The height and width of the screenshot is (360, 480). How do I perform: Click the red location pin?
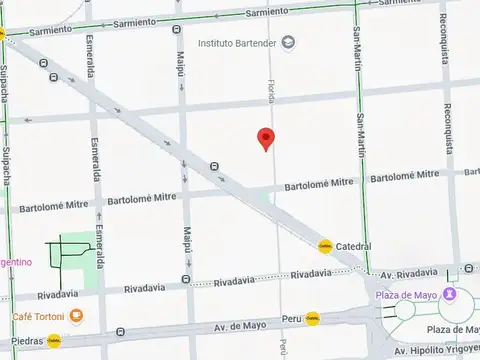[265, 139]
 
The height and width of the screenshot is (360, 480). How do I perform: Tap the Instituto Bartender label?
[238, 43]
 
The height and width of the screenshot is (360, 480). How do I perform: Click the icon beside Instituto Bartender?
[288, 42]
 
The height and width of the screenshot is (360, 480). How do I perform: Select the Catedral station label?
[353, 246]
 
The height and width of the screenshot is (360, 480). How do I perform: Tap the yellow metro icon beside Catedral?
[325, 246]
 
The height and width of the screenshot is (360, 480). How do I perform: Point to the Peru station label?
[291, 319]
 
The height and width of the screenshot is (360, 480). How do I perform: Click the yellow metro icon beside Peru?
[313, 319]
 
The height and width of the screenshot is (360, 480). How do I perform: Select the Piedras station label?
[23, 341]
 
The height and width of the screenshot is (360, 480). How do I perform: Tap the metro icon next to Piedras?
[53, 341]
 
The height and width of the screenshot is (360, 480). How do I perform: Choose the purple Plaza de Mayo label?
[409, 295]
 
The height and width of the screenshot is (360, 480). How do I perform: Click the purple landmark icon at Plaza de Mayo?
[451, 294]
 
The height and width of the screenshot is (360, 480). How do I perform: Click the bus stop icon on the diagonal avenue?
[214, 166]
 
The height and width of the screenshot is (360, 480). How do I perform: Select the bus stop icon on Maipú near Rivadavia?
[187, 279]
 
